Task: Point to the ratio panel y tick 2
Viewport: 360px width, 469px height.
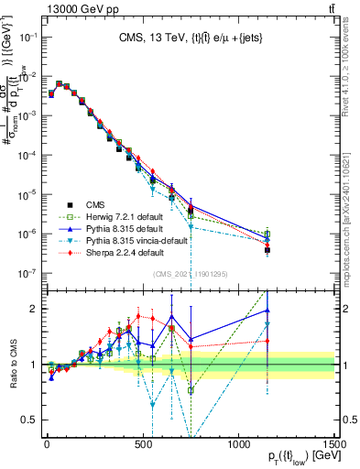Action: pos(36,309)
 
